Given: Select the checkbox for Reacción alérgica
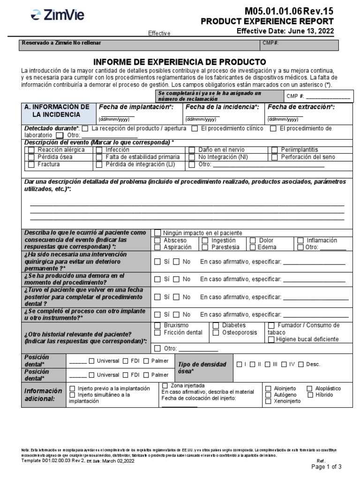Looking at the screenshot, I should pos(31,150).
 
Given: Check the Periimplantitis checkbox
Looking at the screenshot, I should pos(275,150).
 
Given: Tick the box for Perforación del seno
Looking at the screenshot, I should pos(275,157).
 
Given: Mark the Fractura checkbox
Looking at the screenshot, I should pos(31,165).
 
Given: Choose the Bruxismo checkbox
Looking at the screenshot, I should pos(157,325).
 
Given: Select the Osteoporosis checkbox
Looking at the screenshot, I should pos(216,333).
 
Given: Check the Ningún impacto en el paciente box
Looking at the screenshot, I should pos(157,233).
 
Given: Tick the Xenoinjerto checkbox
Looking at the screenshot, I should pos(268,401).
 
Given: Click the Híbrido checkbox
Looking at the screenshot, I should pos(310,395).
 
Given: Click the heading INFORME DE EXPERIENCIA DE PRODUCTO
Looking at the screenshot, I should pos(180,62).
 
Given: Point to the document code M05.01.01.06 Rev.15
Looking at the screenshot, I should pos(289,11).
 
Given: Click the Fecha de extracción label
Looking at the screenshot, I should pos(300,107).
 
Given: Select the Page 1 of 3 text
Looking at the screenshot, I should pos(327,467).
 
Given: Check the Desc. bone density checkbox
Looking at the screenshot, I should pos(301,364).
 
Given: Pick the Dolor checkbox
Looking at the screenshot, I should pos(253,240).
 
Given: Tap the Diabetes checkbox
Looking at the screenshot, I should pos(216,325).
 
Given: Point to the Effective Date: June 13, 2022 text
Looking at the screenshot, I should pos(285,31).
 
